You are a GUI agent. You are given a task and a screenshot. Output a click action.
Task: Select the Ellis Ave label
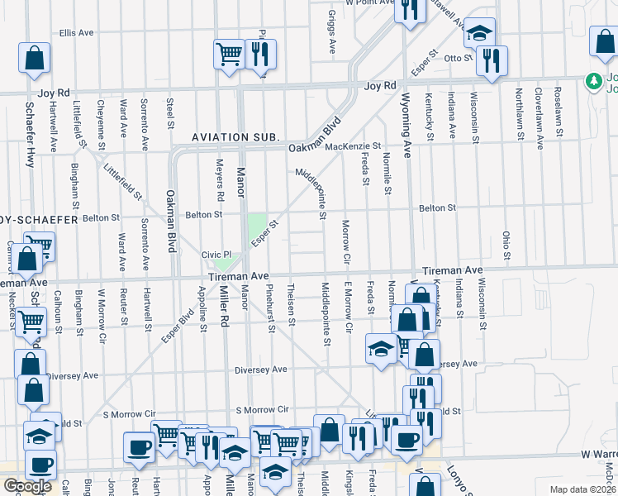[74, 33]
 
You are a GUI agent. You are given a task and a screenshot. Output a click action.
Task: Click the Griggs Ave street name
[330, 27]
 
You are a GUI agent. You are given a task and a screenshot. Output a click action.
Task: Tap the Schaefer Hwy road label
[31, 135]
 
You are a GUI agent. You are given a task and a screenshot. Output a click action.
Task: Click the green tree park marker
[592, 81]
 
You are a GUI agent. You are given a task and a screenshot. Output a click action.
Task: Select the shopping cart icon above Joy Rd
[229, 54]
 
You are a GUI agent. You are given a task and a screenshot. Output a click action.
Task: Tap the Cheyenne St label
[100, 118]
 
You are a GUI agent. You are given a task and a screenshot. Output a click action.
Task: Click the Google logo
[27, 486]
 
